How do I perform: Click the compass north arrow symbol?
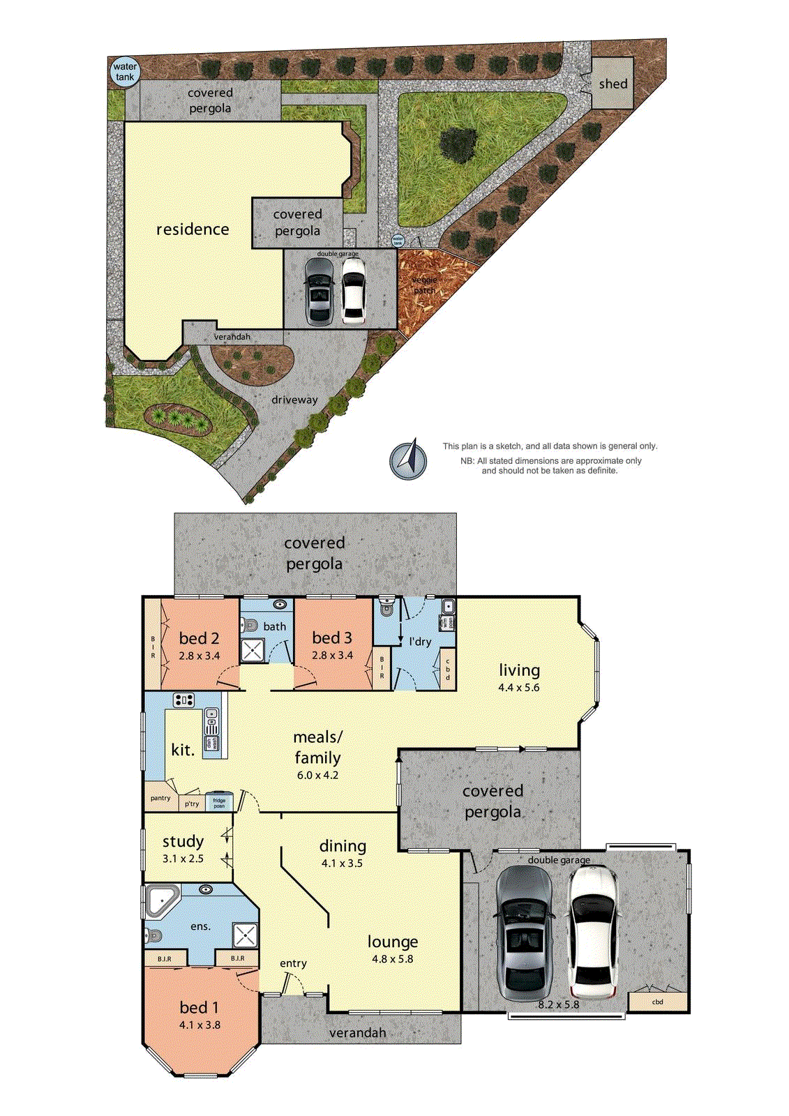point(409,460)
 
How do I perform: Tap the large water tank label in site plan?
point(125,72)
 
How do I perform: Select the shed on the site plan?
point(613,84)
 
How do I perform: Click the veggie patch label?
point(424,285)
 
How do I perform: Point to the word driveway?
point(294,400)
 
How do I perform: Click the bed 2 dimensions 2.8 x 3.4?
point(199,656)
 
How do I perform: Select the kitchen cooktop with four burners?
point(183,700)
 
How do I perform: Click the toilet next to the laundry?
point(386,610)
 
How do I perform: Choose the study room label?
point(183,841)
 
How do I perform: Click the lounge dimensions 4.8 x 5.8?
point(392,959)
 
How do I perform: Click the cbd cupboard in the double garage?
point(657,1002)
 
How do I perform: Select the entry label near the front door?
point(293,963)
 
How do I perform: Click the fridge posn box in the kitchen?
point(219,802)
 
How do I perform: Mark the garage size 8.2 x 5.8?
point(558,1004)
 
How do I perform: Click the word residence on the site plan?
point(193,229)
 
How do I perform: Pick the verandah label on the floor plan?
point(357,1032)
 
